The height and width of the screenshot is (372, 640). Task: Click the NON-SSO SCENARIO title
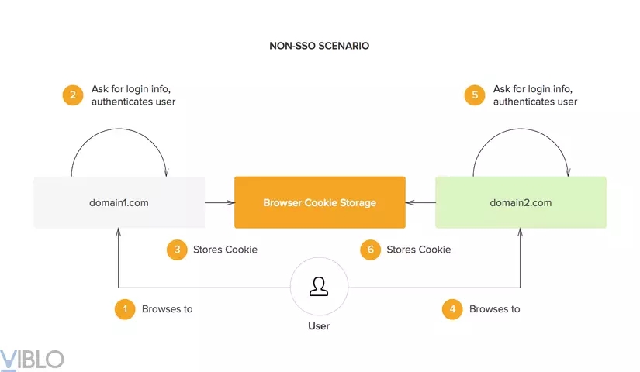[x=319, y=46]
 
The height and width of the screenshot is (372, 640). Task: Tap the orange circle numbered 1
[x=125, y=308]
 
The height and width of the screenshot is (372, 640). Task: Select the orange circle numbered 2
[x=73, y=95]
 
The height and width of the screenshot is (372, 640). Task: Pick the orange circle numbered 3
[x=178, y=250]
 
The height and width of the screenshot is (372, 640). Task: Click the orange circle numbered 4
[x=452, y=308]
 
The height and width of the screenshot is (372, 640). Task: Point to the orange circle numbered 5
[x=475, y=95]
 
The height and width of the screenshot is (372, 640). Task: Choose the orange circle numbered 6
[x=371, y=250]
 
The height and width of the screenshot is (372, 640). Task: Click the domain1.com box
[x=119, y=203]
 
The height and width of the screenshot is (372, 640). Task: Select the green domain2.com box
[x=521, y=203]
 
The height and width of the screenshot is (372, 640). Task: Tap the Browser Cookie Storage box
[x=320, y=203]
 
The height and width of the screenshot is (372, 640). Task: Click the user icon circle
[x=319, y=287]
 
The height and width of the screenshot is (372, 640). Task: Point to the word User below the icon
[x=319, y=326]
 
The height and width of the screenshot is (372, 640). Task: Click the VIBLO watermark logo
[x=33, y=359]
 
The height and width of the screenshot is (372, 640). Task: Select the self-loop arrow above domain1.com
[x=119, y=141]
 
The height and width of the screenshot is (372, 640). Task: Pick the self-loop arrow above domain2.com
[x=521, y=141]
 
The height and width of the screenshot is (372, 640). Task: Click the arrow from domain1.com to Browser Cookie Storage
[x=220, y=203]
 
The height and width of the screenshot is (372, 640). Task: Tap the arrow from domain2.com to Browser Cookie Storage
[x=420, y=203]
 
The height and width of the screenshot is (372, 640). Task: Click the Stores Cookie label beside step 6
[x=418, y=250]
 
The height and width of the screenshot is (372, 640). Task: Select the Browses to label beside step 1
[x=167, y=308]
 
